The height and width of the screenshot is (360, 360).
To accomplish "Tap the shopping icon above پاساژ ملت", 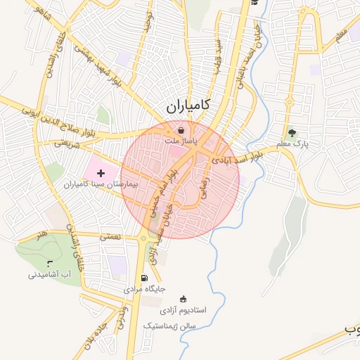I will (x=181, y=130).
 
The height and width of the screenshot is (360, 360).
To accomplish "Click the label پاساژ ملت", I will (x=181, y=141).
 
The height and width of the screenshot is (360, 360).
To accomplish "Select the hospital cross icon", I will (x=101, y=172).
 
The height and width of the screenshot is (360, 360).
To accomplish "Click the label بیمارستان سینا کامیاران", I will (x=100, y=184).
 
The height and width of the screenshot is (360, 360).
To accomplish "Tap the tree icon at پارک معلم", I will (x=292, y=132).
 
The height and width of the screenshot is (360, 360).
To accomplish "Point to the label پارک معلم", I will (x=292, y=144).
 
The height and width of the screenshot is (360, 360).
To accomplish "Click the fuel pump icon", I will (x=145, y=278).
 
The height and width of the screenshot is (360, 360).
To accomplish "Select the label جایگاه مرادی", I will (x=144, y=289).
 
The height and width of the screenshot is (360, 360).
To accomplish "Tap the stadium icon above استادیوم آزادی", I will (x=184, y=298).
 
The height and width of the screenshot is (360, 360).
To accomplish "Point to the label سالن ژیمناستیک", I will (x=173, y=326).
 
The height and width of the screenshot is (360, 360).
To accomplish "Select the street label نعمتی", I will (x=110, y=237).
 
